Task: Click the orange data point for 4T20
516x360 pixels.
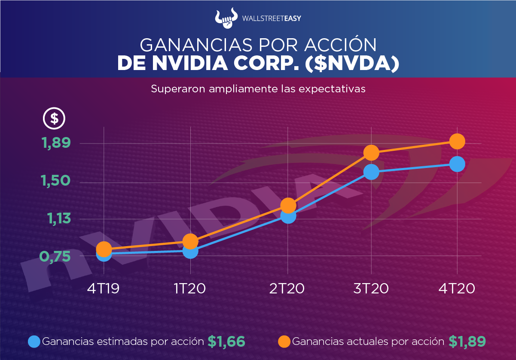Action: pos(457,141)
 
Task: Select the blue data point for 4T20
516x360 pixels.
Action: pos(457,164)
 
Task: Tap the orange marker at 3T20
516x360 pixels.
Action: pos(371,153)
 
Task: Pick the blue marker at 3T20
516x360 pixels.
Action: pos(371,172)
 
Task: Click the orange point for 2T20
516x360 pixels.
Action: pos(288,205)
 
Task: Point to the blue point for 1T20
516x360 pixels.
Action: pos(190,251)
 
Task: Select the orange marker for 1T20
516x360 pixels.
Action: pos(190,241)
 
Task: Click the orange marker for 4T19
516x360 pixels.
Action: pos(104,249)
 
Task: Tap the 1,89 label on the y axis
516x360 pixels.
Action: pos(56,143)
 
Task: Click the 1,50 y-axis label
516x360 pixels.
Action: pos(56,181)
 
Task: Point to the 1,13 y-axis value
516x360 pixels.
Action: pos(58,219)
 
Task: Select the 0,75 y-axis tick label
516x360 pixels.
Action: pos(55,256)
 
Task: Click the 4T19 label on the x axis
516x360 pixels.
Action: pos(103,288)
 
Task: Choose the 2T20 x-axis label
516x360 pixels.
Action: pos(287,288)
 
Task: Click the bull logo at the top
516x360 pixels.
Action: pos(226,18)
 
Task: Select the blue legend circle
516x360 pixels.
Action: pos(34,342)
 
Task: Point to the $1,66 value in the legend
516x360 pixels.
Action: pos(226,342)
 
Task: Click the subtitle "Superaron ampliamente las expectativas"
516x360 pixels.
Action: pos(258,89)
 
